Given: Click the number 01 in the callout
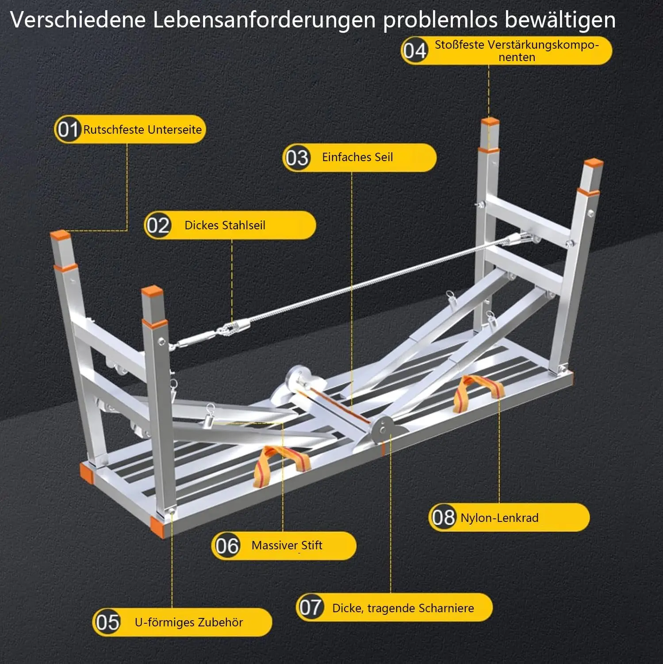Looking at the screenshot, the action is click(68, 130).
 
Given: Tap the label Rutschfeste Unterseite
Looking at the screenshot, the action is click(142, 130).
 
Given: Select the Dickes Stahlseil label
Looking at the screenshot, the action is click(225, 225).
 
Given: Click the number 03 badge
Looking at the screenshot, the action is click(296, 158).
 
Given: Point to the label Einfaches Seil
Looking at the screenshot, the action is click(357, 157).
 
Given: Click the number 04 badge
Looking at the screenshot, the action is click(414, 50).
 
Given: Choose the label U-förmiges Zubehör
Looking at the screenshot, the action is click(189, 622).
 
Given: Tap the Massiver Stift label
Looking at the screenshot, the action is click(287, 545).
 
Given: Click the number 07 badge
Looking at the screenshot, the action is click(310, 607).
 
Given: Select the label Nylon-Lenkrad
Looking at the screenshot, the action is click(499, 518).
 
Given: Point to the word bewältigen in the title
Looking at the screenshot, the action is click(560, 20).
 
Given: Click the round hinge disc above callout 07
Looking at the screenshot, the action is click(382, 429).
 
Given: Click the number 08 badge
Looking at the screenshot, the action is click(443, 517).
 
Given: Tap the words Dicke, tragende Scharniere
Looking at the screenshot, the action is click(403, 608).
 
